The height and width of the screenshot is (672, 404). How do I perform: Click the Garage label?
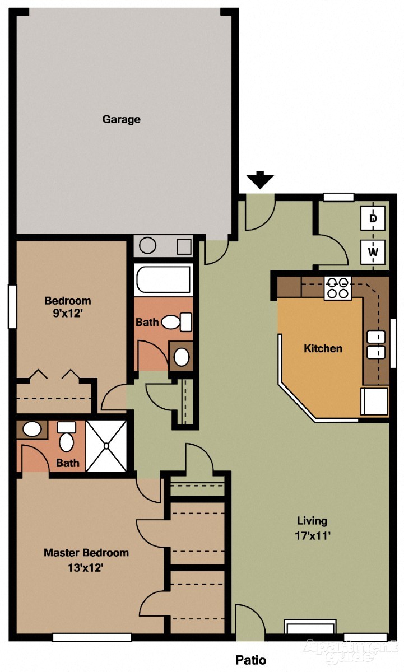(x=121, y=119)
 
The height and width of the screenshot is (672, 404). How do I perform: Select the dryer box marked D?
(x=373, y=218)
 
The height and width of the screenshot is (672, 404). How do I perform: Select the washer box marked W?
(x=373, y=251)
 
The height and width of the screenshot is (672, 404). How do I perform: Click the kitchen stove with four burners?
(x=337, y=288)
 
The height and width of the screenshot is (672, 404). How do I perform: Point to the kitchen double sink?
(x=376, y=344)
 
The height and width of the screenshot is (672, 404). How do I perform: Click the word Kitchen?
(x=323, y=348)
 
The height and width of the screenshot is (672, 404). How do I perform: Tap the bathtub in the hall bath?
(x=163, y=280)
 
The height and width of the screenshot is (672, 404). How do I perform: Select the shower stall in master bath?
(x=107, y=446)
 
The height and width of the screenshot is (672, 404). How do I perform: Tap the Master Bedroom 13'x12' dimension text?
(x=86, y=567)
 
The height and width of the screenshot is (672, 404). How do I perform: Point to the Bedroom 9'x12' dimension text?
(x=68, y=314)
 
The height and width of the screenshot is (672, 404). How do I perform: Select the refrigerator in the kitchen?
(x=375, y=401)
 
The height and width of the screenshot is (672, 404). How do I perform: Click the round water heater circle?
(x=148, y=246)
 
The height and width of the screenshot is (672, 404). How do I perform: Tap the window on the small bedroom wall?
(x=12, y=307)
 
